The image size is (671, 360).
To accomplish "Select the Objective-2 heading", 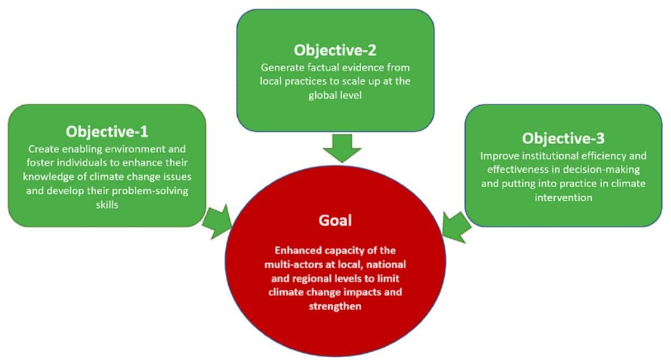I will (335, 50).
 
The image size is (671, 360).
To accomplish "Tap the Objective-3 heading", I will (563, 138).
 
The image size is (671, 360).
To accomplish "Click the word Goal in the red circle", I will (335, 220).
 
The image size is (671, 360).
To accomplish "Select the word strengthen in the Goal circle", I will (335, 306).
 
